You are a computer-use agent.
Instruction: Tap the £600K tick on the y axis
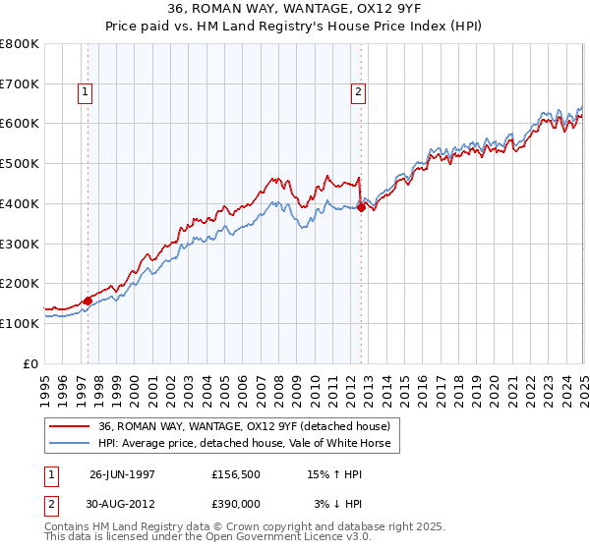click(20, 124)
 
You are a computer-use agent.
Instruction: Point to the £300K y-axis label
click(20, 244)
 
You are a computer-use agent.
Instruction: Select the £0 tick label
click(30, 363)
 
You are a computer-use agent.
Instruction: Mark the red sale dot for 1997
click(88, 301)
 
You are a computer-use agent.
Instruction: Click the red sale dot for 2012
click(361, 207)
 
